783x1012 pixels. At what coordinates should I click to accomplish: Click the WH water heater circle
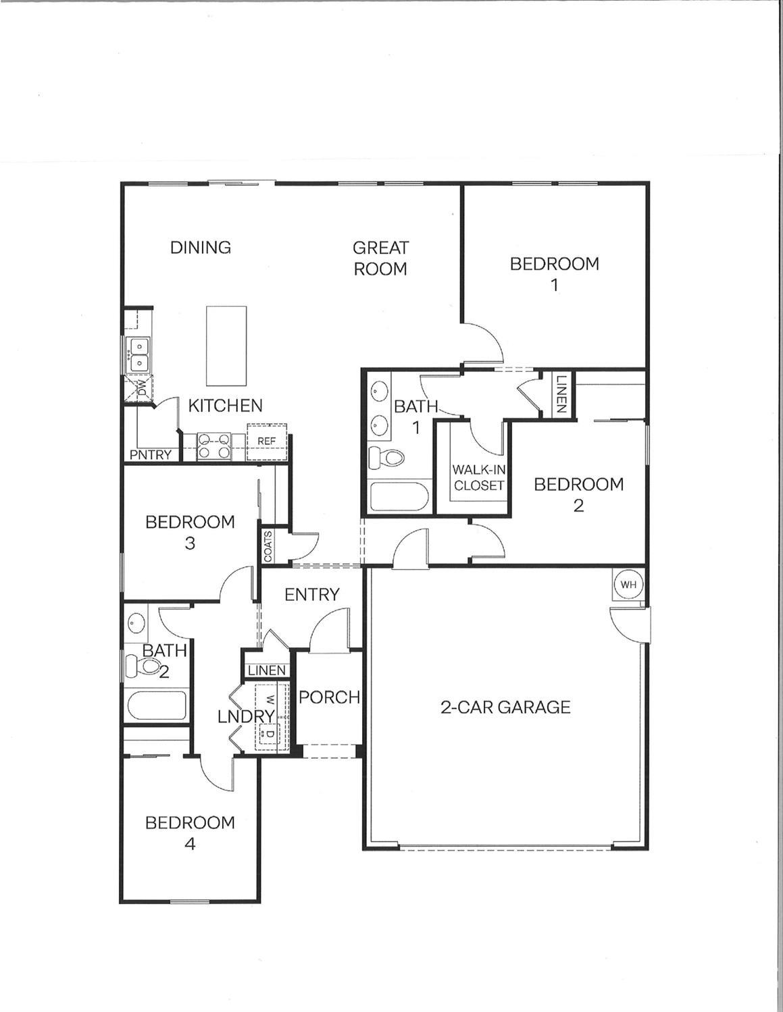click(628, 585)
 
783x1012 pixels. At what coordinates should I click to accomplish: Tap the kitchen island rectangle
click(226, 345)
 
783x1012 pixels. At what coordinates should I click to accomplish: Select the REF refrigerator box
click(267, 442)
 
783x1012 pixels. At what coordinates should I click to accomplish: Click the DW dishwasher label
click(143, 388)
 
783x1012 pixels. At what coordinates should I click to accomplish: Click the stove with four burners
click(213, 447)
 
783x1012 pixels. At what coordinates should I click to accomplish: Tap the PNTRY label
click(151, 455)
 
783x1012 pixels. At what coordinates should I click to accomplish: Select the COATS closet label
click(268, 546)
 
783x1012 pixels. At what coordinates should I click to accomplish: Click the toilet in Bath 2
click(144, 668)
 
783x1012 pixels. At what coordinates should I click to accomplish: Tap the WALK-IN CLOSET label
click(478, 477)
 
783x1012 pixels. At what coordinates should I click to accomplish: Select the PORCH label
click(329, 697)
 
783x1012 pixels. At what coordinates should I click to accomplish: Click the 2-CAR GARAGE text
click(505, 707)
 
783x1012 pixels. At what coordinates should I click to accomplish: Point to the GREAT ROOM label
click(380, 259)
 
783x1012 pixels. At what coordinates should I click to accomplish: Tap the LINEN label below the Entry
click(267, 670)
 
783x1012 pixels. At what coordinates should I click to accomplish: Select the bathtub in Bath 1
click(399, 498)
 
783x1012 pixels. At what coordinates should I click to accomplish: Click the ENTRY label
click(311, 594)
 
